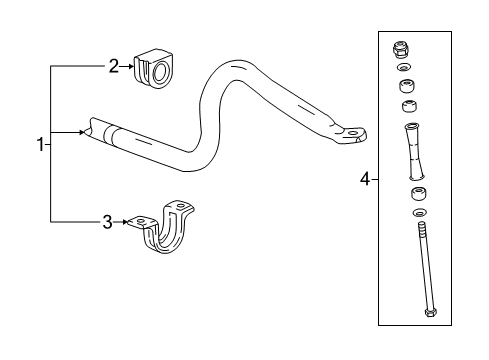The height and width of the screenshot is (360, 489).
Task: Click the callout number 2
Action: [114, 66]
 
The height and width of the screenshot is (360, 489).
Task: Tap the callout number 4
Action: [366, 180]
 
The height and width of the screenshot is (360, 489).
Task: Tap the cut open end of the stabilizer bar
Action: [92, 130]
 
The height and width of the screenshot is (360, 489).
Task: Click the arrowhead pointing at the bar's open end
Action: [81, 131]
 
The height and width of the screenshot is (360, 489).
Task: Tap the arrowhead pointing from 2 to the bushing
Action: [131, 67]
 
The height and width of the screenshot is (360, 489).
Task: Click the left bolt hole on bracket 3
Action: [141, 221]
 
